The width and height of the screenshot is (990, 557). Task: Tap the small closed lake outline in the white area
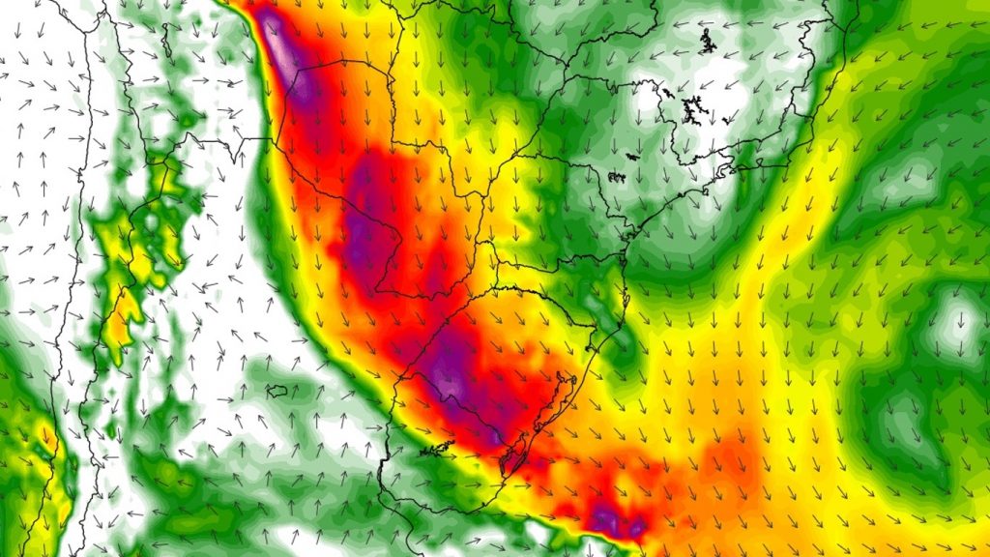click(277, 392)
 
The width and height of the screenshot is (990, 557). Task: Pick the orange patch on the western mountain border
click(122, 323)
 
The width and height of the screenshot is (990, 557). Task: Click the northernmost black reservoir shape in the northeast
click(707, 41)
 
